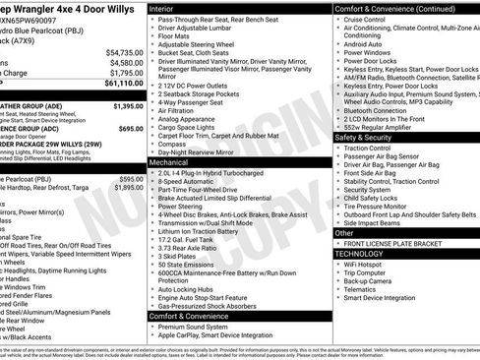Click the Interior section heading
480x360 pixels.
[162, 7]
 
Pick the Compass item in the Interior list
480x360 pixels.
[171, 143]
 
